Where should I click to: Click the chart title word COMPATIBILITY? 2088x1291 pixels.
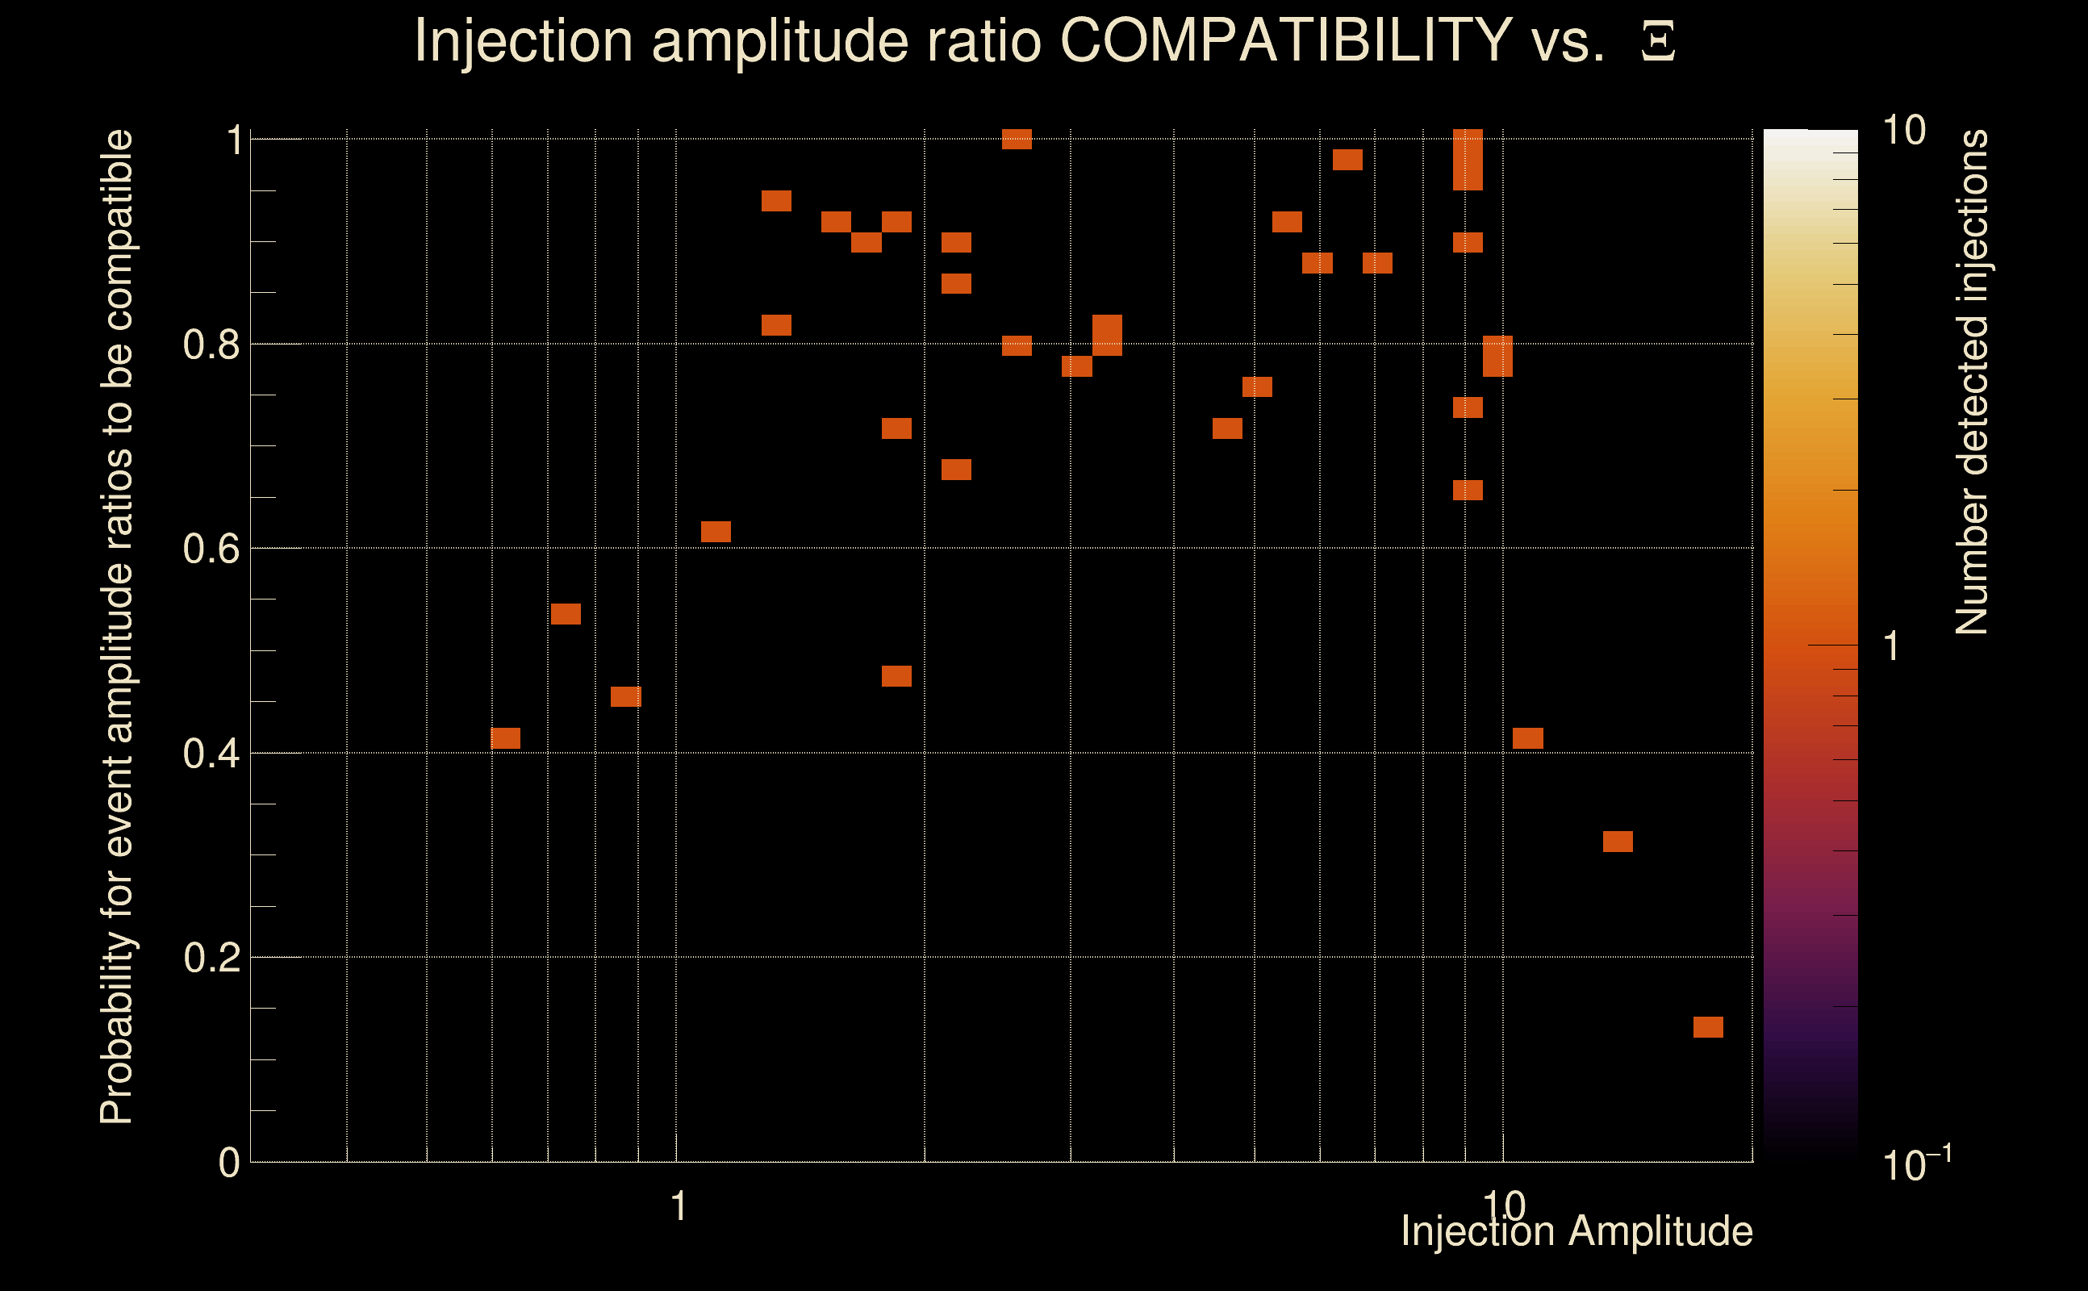(x=1285, y=40)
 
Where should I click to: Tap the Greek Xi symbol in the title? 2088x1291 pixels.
(x=1658, y=42)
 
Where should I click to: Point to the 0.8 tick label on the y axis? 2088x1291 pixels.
(x=211, y=345)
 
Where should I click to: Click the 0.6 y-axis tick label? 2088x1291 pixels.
(x=211, y=549)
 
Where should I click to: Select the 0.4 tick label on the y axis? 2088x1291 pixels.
(x=211, y=754)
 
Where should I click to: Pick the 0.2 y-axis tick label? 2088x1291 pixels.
(x=211, y=958)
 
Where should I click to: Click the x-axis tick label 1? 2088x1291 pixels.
(x=679, y=1206)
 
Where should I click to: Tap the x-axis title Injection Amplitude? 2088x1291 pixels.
(x=1576, y=1231)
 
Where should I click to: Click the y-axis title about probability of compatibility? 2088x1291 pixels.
(x=117, y=627)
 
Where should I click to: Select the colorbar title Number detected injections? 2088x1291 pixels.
(x=1972, y=382)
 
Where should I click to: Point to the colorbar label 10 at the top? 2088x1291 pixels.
(x=1903, y=132)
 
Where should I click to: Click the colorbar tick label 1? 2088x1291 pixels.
(x=1892, y=647)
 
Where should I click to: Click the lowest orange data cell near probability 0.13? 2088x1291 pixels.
(x=1708, y=1027)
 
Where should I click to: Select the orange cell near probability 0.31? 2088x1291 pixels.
(x=1618, y=842)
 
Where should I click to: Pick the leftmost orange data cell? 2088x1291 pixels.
(x=505, y=738)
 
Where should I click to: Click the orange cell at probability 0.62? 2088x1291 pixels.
(x=716, y=532)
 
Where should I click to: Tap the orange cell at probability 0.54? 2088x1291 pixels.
(x=565, y=614)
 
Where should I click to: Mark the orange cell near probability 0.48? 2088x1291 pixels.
(x=896, y=676)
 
